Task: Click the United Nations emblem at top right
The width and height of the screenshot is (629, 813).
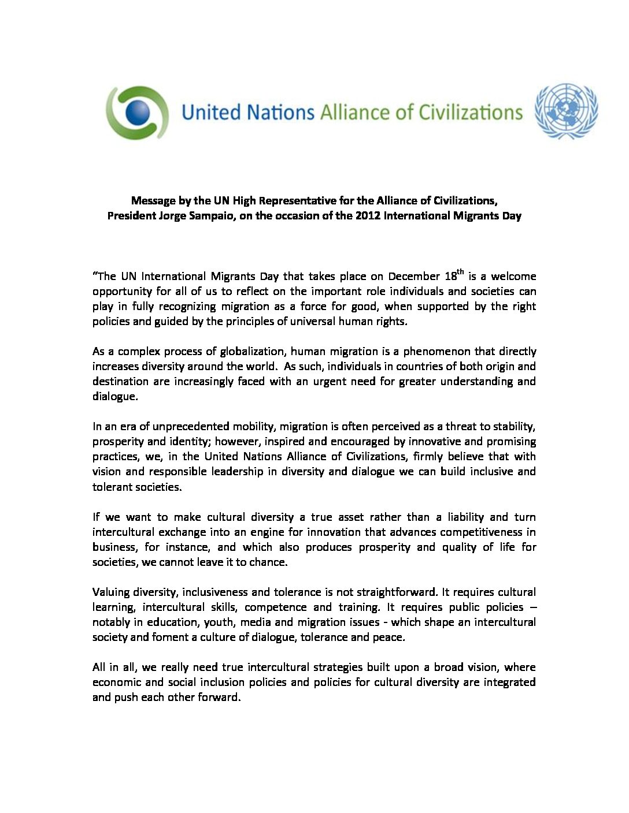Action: click(x=566, y=111)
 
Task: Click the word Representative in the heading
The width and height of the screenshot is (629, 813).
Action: click(x=297, y=201)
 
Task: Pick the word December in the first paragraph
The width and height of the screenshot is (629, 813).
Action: click(x=413, y=277)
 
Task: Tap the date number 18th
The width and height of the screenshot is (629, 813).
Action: click(x=453, y=275)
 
